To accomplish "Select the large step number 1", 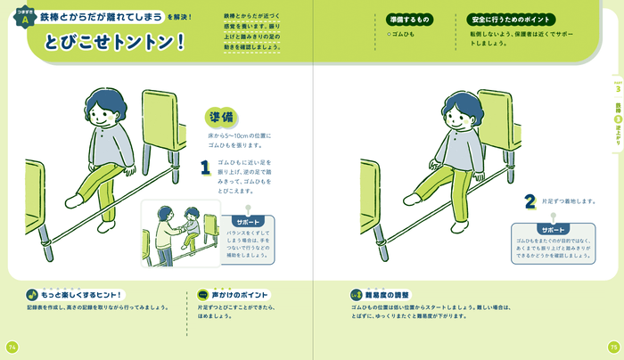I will point(204,167).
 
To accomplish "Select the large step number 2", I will point(529,201).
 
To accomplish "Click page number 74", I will point(12,347).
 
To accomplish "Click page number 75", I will point(612,347).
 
